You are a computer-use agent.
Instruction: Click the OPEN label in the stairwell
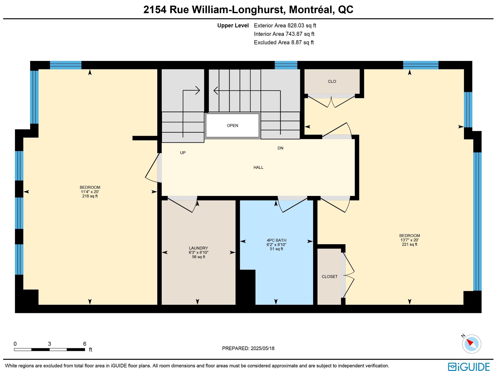click(233, 125)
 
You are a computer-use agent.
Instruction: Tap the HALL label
click(258, 168)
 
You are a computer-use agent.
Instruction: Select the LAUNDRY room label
click(198, 248)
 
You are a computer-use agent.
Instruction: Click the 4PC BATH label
click(276, 240)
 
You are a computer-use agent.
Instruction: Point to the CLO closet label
click(332, 82)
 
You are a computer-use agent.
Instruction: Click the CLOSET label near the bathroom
click(330, 277)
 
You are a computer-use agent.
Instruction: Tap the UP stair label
click(183, 153)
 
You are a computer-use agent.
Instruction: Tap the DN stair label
click(280, 148)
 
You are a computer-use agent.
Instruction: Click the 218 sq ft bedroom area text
click(90, 196)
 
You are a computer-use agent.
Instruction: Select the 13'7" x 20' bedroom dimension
click(409, 240)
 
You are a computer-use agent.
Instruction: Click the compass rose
click(471, 344)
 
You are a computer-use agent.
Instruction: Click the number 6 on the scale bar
click(85, 344)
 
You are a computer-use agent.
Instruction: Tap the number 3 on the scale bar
click(49, 344)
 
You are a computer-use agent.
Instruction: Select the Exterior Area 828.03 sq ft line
click(285, 26)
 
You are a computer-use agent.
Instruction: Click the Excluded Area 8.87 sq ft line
click(284, 43)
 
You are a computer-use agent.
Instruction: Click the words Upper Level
click(233, 26)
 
